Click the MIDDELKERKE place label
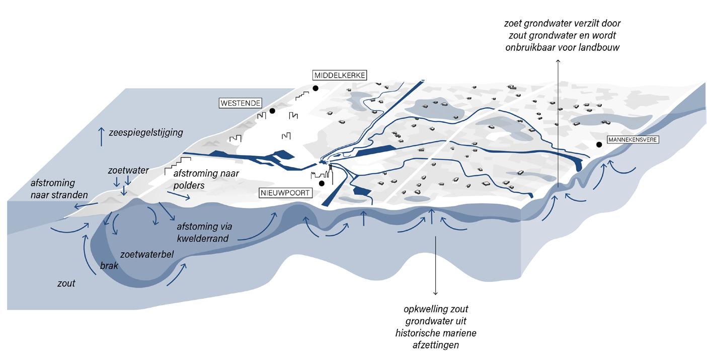[x=340, y=76]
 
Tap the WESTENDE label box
[x=241, y=103]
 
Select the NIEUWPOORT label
[x=285, y=192]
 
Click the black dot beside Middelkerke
[x=316, y=88]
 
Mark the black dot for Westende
[x=272, y=111]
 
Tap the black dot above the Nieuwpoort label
[x=321, y=183]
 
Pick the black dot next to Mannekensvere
[x=599, y=145]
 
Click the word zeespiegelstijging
[x=145, y=133]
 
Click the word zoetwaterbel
[x=147, y=254]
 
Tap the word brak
[x=109, y=265]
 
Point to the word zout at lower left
[x=66, y=283]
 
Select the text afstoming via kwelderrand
[x=203, y=232]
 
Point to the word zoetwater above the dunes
[x=128, y=171]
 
